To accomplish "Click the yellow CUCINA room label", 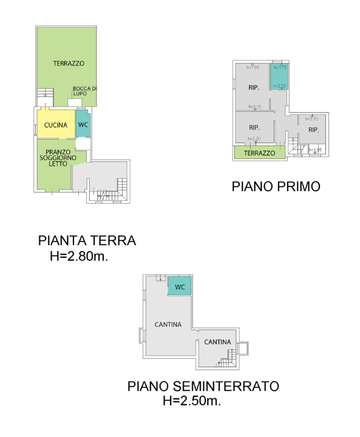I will click(55, 125).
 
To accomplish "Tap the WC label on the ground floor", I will click(83, 125).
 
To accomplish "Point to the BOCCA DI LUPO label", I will click(84, 91).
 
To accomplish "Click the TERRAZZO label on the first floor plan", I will click(259, 154).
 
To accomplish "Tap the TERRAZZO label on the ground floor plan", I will click(68, 64).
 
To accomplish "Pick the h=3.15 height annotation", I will click(254, 107).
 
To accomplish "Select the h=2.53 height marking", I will click(279, 86).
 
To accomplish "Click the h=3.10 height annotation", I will click(311, 118).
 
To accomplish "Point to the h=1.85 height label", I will click(314, 149).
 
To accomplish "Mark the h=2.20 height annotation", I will click(254, 139).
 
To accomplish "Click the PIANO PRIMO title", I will click(276, 186).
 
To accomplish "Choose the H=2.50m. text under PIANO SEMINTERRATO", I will click(191, 401).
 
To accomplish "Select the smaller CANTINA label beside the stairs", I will click(217, 342).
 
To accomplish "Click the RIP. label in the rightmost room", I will click(313, 130).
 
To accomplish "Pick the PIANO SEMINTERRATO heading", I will click(203, 386).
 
